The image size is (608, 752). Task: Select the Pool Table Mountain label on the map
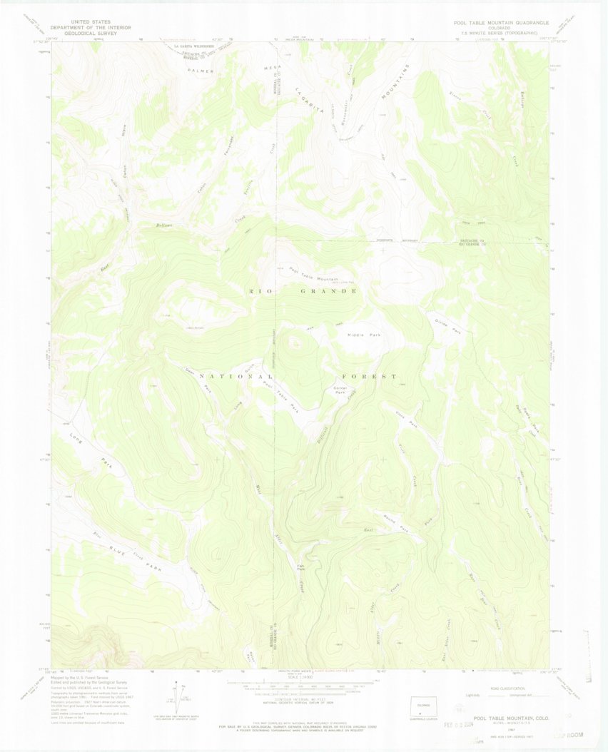[313, 274]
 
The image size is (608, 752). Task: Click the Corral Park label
[340, 390]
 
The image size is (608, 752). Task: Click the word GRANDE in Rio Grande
[328, 292]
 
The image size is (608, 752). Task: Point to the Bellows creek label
[166, 225]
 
